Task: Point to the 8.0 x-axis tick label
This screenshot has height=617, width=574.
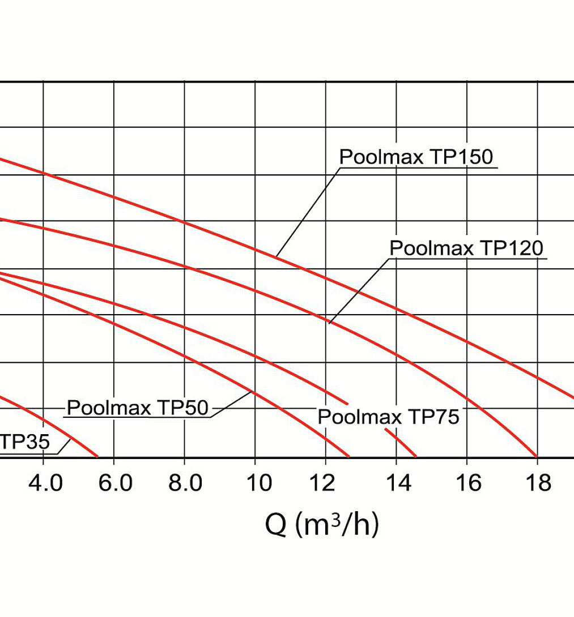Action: click(x=185, y=484)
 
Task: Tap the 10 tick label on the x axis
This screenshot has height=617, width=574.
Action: click(x=255, y=484)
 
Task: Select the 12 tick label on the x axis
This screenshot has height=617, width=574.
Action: click(x=326, y=484)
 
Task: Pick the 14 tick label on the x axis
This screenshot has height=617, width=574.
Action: click(x=396, y=484)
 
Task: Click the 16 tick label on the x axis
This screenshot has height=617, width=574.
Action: click(x=467, y=484)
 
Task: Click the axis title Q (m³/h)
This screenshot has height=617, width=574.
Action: click(x=321, y=525)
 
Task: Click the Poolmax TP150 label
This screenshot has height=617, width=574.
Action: click(x=416, y=157)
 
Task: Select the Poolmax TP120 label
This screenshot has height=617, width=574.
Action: click(x=466, y=248)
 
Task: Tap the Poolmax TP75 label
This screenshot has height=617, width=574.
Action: click(x=388, y=417)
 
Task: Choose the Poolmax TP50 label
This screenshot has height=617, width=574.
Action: click(x=138, y=408)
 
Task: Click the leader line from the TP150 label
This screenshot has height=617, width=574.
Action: click(x=306, y=212)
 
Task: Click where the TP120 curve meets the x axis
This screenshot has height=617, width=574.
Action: click(x=536, y=456)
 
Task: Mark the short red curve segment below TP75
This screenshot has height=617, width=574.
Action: click(x=401, y=443)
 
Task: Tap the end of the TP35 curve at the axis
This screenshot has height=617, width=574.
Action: click(x=97, y=456)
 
